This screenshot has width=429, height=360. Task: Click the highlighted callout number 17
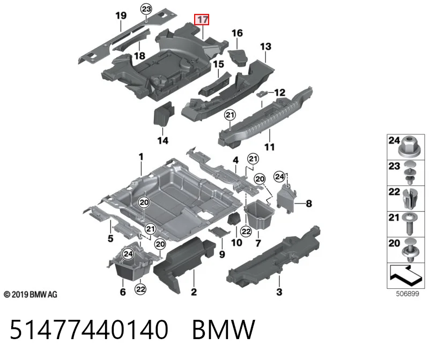coord(202,20)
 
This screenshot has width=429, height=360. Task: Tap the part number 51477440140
coord(89,329)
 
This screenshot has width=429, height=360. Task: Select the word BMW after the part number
coord(224,329)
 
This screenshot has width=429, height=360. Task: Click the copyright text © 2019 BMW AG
coord(31,295)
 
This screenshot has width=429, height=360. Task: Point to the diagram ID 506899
coord(408,294)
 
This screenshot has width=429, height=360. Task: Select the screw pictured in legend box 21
coord(410,223)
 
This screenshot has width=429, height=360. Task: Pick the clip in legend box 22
coord(410,198)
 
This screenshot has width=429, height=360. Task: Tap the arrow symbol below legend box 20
coord(405,273)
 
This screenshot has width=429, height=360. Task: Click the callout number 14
coord(163,140)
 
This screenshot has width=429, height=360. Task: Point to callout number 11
coord(270,147)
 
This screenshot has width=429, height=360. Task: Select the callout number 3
coord(279,292)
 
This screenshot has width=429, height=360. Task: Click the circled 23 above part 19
coord(146,9)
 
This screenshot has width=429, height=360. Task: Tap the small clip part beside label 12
coord(262,94)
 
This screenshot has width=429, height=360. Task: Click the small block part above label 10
coord(234,219)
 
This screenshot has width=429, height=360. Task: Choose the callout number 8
coord(309,204)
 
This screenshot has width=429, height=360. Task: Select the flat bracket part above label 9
coord(219,232)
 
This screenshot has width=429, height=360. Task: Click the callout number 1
coord(141,157)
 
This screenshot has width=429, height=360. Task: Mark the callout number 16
coord(237,33)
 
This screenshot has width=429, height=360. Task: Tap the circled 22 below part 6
coord(140,289)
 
